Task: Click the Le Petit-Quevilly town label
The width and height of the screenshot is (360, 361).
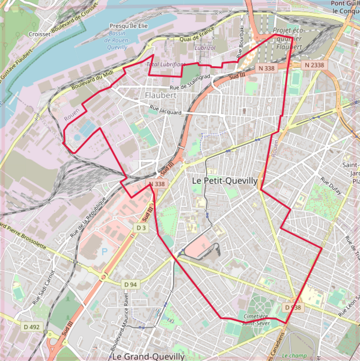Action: click(224, 180)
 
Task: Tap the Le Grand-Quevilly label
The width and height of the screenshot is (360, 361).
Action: click(148, 356)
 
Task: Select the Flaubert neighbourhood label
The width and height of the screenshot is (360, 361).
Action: click(160, 95)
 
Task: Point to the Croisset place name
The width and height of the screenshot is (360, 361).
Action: click(40, 35)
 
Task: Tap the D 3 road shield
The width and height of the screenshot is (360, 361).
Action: click(141, 228)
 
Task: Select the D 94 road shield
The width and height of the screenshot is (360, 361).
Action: click(130, 284)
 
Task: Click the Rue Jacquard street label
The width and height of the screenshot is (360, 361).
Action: click(165, 111)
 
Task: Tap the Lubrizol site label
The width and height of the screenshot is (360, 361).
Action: click(204, 47)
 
